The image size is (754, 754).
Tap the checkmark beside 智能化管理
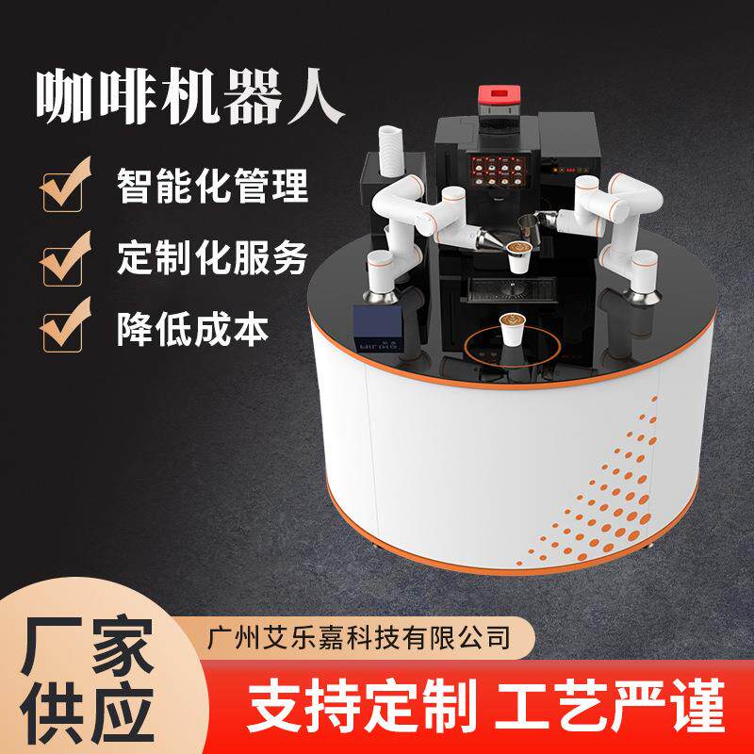pos(67,186)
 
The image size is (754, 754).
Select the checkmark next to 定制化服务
pos(67,256)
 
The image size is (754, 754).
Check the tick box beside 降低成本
pos(67,326)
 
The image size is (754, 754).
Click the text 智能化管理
pos(212,185)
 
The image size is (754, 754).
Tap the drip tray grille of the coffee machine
pos(510,287)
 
